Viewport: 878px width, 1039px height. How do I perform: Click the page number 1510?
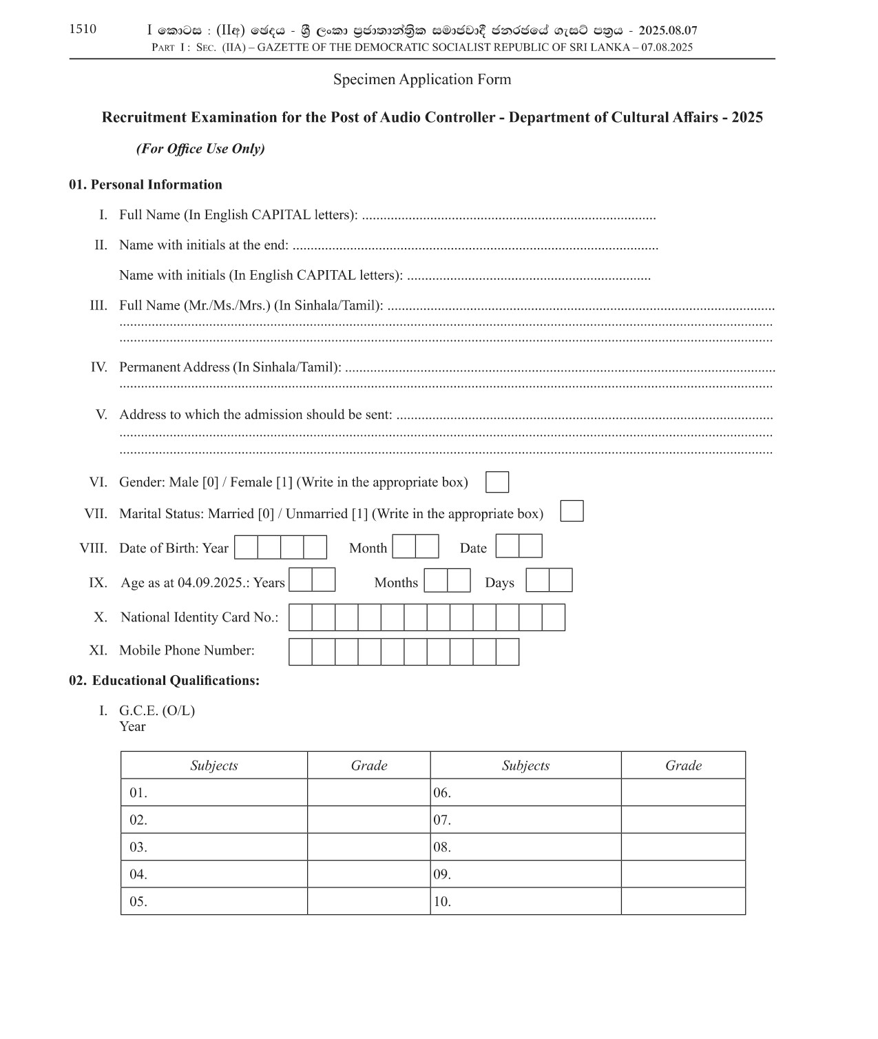[x=83, y=29]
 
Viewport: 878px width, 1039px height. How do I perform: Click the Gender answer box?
[x=497, y=482]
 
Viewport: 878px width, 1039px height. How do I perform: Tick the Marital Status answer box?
[x=572, y=511]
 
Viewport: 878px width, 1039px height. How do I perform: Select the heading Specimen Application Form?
[x=422, y=79]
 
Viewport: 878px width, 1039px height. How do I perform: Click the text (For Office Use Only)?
[x=200, y=149]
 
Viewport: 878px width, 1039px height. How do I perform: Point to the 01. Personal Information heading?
[x=145, y=185]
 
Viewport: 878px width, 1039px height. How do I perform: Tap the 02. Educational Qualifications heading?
[x=164, y=681]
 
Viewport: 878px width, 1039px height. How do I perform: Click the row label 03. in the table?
[x=138, y=847]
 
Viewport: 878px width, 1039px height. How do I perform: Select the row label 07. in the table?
[x=442, y=821]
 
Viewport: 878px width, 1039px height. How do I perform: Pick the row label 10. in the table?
[x=442, y=902]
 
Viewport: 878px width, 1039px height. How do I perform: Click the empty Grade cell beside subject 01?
[x=368, y=793]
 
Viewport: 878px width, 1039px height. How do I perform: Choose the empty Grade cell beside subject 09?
[x=682, y=874]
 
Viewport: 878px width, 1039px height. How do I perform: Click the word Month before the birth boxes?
[x=368, y=548]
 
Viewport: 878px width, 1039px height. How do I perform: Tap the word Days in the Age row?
[x=499, y=583]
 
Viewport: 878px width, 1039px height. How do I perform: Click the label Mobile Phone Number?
[x=187, y=650]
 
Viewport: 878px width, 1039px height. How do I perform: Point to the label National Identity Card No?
[x=199, y=617]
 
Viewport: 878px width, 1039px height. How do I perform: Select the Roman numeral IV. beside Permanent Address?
[x=98, y=367]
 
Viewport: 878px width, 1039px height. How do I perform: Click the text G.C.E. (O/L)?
[x=157, y=711]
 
